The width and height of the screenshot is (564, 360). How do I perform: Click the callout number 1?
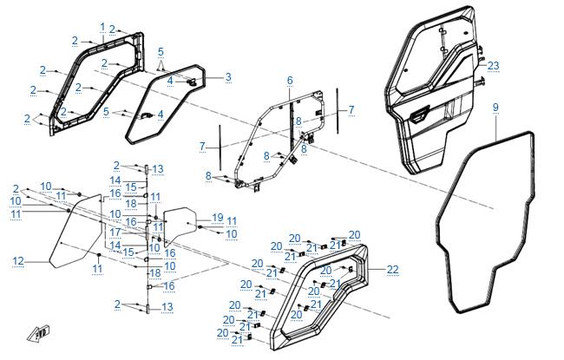(x=102, y=27)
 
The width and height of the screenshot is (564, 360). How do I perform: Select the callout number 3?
(x=228, y=77)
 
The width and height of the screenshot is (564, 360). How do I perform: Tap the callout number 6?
(x=290, y=81)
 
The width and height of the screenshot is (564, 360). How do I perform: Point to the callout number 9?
(x=495, y=108)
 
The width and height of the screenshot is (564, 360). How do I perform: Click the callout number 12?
(x=18, y=261)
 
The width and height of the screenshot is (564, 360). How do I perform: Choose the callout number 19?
(x=218, y=218)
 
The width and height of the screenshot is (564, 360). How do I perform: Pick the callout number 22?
(x=393, y=270)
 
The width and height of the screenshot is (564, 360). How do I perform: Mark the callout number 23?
(x=493, y=66)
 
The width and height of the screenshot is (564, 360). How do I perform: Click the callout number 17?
(x=115, y=232)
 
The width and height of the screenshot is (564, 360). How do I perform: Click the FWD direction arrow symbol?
(x=39, y=333)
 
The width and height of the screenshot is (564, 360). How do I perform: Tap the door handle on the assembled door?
(x=419, y=115)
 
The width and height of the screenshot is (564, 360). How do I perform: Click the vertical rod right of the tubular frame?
(x=338, y=111)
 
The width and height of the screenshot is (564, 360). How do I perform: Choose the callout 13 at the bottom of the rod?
(x=167, y=307)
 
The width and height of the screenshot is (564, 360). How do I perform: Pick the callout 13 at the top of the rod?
(x=158, y=169)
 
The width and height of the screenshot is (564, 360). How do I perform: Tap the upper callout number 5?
(x=161, y=52)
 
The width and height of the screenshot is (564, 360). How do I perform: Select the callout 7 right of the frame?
(x=351, y=109)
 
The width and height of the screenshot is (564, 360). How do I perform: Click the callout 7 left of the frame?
(x=202, y=147)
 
